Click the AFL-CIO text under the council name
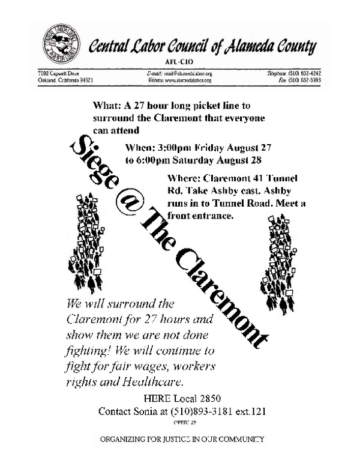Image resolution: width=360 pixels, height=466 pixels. click(x=179, y=61)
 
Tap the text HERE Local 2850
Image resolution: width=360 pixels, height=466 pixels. click(x=179, y=399)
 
